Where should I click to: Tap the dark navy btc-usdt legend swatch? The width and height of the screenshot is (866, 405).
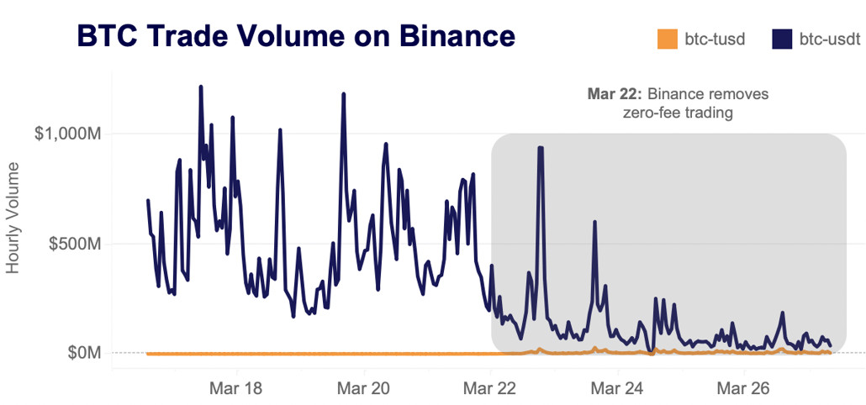782,39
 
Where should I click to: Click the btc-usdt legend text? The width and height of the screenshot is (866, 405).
829,39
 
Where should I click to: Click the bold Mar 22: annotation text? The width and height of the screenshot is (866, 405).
615,93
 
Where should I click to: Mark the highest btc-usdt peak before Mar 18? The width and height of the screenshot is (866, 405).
201,87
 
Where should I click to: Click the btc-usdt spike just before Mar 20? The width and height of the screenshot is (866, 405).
344,95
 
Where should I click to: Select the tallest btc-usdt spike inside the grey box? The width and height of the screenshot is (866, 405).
541,148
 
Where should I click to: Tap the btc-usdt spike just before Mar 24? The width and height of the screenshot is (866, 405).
594,223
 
